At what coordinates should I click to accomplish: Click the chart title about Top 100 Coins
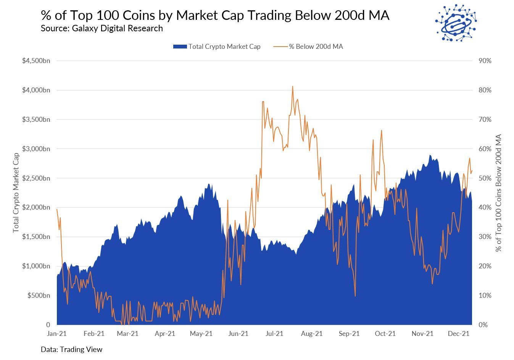(215, 15)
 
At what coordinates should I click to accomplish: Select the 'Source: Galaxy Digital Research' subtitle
(102, 29)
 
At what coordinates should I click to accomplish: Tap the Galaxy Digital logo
(456, 23)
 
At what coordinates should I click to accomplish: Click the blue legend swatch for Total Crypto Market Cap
(180, 47)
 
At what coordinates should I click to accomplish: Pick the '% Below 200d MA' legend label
(316, 47)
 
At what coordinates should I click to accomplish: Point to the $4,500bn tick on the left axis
(36, 61)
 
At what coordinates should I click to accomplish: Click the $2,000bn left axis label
(36, 207)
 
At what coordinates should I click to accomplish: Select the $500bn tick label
(39, 295)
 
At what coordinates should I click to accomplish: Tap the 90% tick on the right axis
(485, 61)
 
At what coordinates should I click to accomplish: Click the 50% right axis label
(485, 178)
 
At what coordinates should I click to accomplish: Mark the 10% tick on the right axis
(485, 295)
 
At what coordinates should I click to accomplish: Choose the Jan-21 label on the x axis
(57, 334)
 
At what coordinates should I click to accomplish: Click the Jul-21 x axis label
(274, 334)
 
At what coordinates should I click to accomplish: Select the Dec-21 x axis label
(459, 334)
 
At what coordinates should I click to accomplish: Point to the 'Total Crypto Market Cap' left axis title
(16, 193)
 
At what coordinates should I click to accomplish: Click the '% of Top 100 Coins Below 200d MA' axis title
(498, 193)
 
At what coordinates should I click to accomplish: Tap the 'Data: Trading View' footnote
(71, 349)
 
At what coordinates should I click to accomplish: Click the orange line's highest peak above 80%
(293, 86)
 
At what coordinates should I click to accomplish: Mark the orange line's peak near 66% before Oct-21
(381, 131)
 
